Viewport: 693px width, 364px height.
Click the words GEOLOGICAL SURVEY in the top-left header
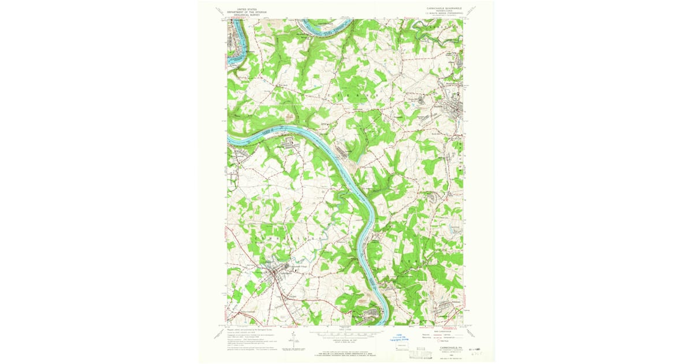point(240,16)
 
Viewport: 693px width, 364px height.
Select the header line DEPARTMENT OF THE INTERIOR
point(240,13)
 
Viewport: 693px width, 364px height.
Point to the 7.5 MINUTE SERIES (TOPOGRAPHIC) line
point(442,14)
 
